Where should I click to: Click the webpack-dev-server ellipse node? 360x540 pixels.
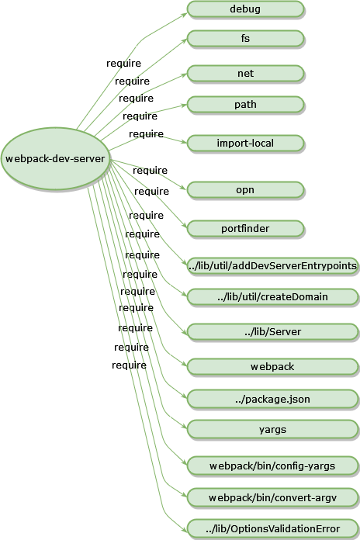tap(55, 159)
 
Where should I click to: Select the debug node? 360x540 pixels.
tap(245, 9)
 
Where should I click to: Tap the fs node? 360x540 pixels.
tap(245, 39)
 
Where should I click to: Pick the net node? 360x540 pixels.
tap(245, 74)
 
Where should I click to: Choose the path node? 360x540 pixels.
tap(245, 105)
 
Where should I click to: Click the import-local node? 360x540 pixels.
tap(245, 144)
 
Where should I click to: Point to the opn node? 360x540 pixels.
tap(245, 190)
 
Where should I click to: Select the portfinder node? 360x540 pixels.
tap(245, 229)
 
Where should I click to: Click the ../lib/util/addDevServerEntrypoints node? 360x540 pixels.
tap(272, 266)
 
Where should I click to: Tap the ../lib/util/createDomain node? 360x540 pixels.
tap(272, 297)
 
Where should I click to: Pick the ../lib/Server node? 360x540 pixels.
tap(272, 332)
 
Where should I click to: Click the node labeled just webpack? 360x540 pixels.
tap(272, 367)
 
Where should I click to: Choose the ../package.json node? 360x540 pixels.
tap(272, 400)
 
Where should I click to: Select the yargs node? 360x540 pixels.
tap(272, 430)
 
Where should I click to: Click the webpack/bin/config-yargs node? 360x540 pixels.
tap(272, 466)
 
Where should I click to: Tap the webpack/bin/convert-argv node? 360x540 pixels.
tap(272, 498)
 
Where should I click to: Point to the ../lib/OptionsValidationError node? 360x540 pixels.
tap(272, 529)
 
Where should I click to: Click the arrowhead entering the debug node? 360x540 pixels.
tap(185, 15)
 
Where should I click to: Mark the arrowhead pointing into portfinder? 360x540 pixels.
tap(185, 226)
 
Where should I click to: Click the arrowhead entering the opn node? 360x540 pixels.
tap(184, 188)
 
